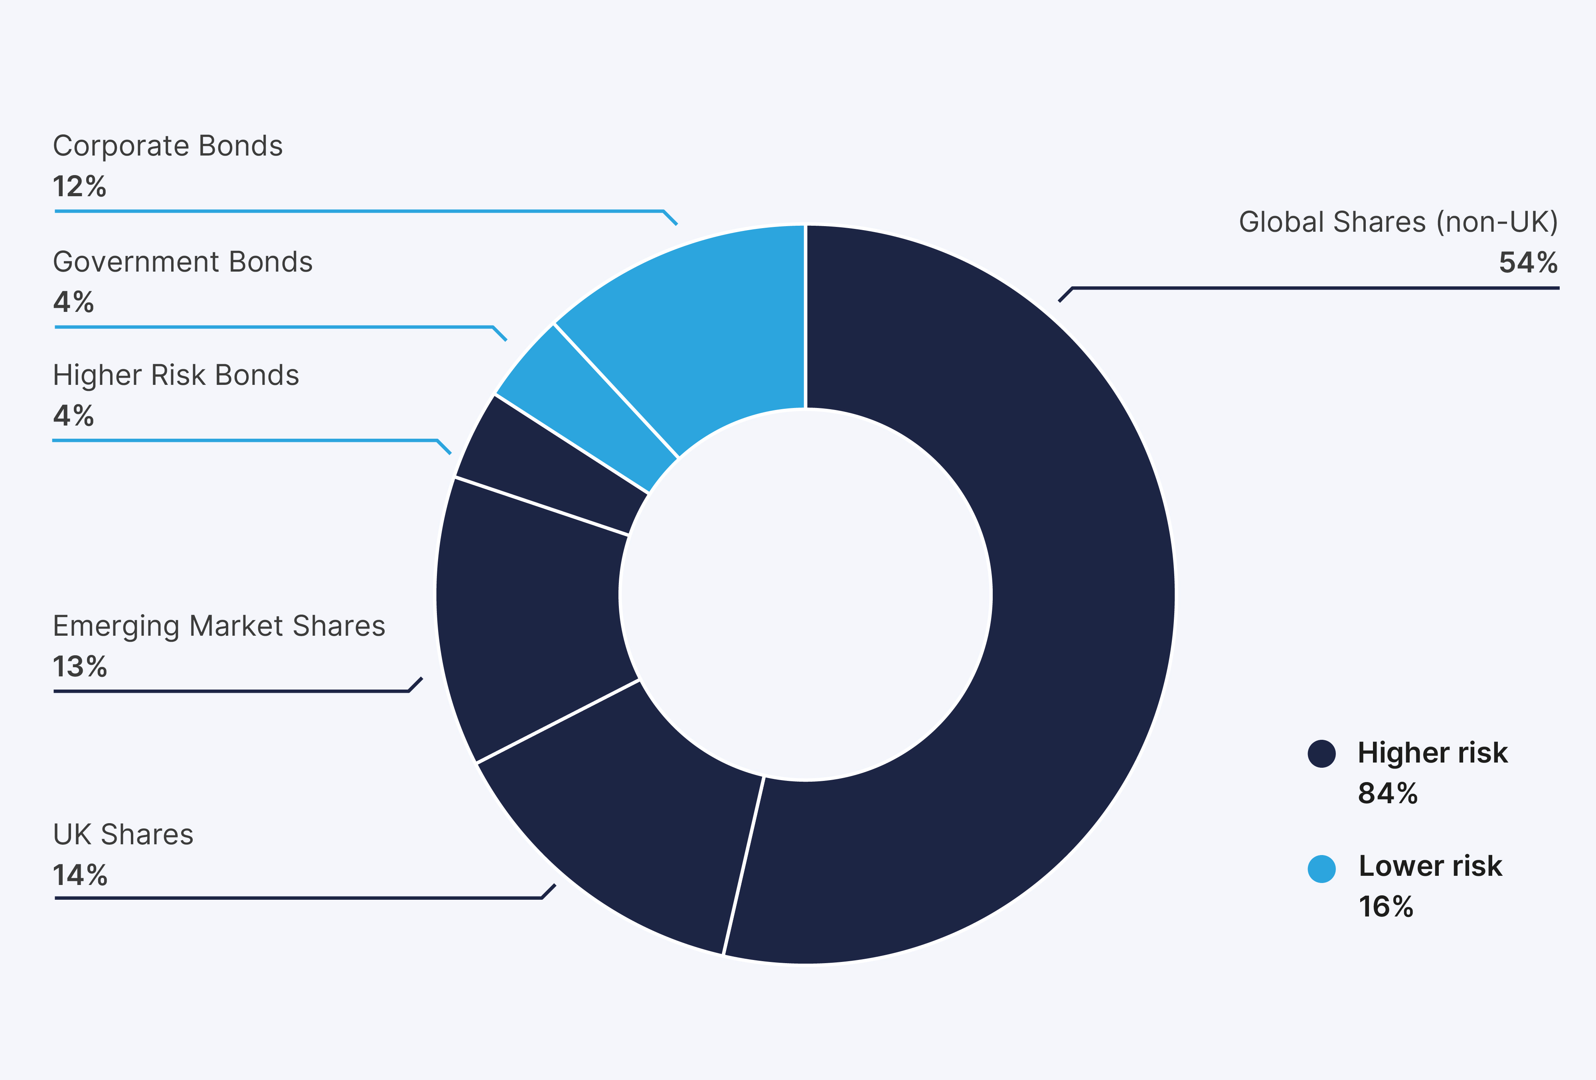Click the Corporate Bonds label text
tap(168, 146)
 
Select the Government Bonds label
tap(183, 262)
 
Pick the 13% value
tap(80, 667)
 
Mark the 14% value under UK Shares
tap(80, 875)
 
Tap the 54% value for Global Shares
tap(1528, 263)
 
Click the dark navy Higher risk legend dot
tap(1321, 753)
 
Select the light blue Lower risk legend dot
tap(1321, 869)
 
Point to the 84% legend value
tap(1387, 794)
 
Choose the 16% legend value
tap(1386, 907)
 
